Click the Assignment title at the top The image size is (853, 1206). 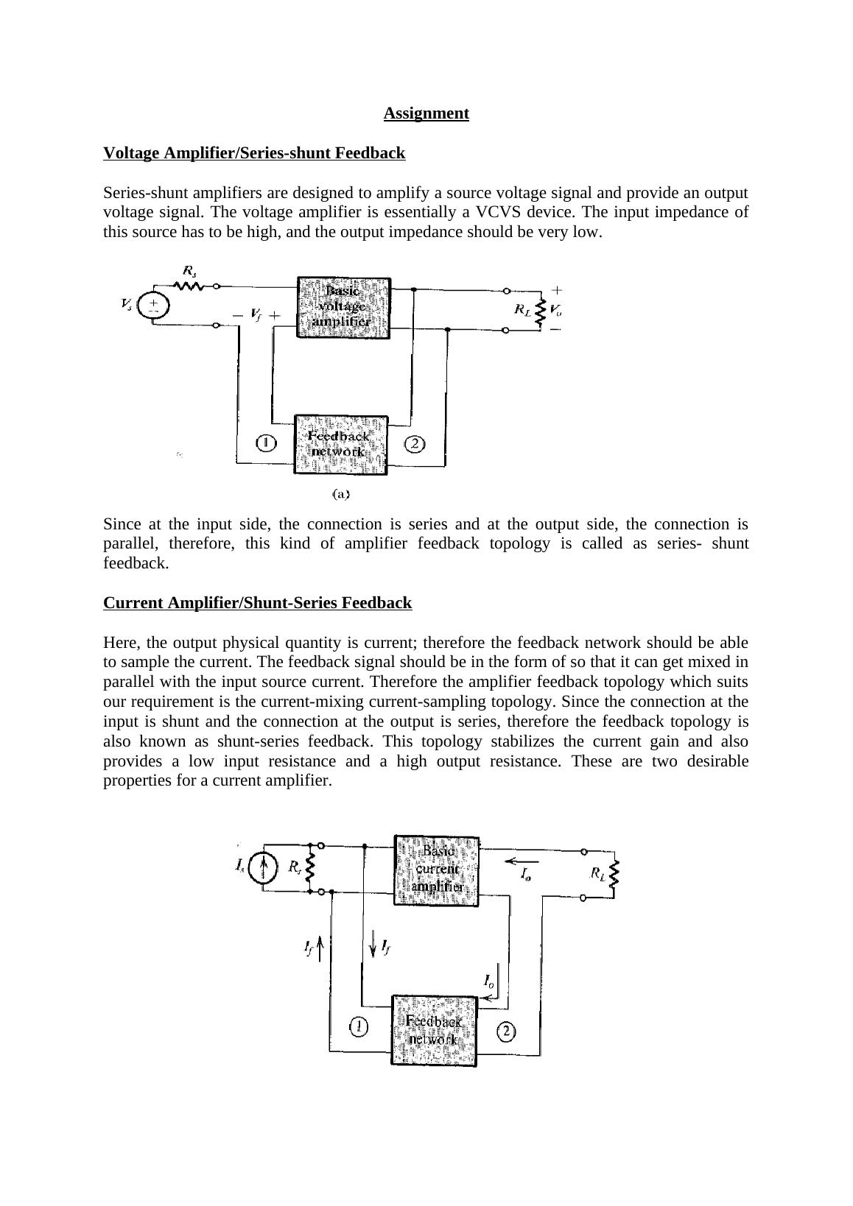426,113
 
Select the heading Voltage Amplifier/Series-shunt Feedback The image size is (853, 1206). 254,153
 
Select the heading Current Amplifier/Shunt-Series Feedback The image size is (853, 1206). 257,603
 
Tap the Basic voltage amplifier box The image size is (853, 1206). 343,307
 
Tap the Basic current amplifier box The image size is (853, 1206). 437,870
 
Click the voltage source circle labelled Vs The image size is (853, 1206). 153,306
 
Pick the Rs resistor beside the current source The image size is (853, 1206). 310,868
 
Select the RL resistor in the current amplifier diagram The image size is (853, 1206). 614,874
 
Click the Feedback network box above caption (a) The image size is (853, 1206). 340,445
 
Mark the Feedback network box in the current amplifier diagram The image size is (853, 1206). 434,1030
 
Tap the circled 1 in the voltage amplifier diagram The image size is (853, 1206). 265,443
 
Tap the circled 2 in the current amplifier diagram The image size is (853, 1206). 506,1032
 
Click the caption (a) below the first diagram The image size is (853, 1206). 340,495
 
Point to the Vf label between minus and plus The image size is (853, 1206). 256,315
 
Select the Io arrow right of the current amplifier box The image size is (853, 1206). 522,862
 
